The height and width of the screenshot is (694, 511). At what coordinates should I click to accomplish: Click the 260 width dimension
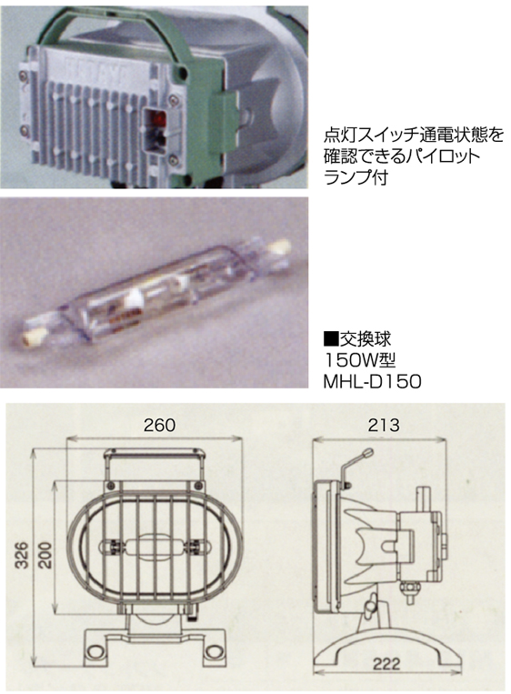pos(159,425)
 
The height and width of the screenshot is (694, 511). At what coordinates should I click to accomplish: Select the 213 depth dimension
pos(384,425)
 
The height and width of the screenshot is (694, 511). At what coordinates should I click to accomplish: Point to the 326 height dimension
pos(21,555)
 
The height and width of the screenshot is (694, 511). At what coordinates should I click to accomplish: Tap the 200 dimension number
pos(45,555)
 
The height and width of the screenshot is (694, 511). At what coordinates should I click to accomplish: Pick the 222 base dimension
pos(386,664)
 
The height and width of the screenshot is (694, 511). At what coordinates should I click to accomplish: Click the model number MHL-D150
pos(372,381)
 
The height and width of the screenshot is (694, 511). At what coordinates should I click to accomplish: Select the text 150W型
pos(360,360)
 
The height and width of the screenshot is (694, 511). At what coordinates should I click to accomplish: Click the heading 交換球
pos(365,339)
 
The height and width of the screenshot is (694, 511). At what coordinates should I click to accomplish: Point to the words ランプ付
pos(356,177)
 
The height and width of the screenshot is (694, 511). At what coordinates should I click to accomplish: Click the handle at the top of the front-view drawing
pos(155,456)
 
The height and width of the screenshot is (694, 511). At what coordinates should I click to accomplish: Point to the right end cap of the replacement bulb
pos(280,245)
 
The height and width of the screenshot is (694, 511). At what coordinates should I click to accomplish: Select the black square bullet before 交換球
pos(331,340)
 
